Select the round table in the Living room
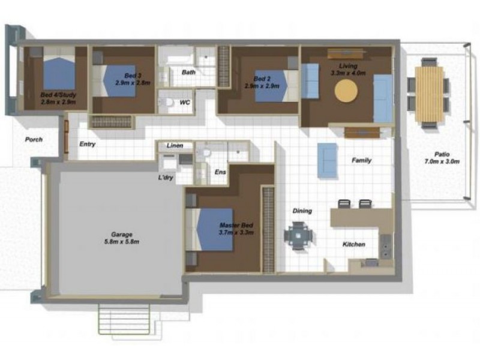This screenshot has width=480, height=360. pyautogui.click(x=346, y=92)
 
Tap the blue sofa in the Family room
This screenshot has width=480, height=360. pyautogui.click(x=327, y=160)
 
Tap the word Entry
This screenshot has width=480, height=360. pyautogui.click(x=88, y=144)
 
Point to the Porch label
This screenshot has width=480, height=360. pyautogui.click(x=34, y=139)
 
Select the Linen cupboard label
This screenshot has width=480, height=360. pyautogui.click(x=175, y=146)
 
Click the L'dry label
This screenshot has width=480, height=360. pyautogui.click(x=166, y=178)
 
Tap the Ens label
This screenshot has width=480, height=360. pyautogui.click(x=220, y=172)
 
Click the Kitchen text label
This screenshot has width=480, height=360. pyautogui.click(x=354, y=244)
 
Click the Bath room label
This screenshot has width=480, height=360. pyautogui.click(x=188, y=73)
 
